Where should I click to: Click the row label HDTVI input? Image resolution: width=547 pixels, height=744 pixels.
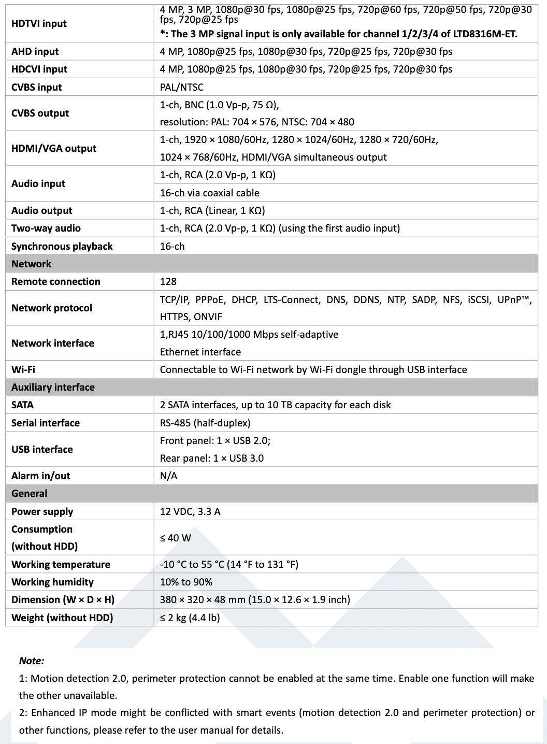coord(39,23)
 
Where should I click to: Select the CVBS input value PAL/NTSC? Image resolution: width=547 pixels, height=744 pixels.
coord(181,87)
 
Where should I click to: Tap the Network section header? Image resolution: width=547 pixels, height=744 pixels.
coord(31,264)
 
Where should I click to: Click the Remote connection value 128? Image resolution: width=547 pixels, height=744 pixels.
coord(168,281)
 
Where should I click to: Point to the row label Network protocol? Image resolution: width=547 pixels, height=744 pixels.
coord(52,308)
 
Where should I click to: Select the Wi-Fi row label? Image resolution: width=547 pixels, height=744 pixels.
coord(23,369)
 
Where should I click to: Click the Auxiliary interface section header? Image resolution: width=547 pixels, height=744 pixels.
coord(53,387)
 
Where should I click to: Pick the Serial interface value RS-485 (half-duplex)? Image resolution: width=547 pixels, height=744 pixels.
coord(205,423)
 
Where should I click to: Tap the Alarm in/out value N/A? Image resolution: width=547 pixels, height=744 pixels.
coord(168,476)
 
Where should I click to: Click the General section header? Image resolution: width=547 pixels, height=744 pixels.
coord(29,493)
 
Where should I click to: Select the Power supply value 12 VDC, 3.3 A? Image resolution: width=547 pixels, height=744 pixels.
coord(190,511)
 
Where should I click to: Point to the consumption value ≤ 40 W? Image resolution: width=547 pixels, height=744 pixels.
coord(175,538)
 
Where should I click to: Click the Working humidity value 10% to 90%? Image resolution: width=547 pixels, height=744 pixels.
coord(186,582)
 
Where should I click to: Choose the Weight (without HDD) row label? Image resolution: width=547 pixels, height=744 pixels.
coord(62,618)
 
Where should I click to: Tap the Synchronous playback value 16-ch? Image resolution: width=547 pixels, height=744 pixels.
coord(172,246)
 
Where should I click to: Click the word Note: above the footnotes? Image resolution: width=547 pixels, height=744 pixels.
coord(32,661)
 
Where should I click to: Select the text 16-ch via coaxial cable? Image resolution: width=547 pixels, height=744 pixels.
coord(209,193)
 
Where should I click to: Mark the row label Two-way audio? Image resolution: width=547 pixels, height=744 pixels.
coord(46,228)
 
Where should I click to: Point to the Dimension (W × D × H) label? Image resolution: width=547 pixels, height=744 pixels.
coord(63,599)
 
